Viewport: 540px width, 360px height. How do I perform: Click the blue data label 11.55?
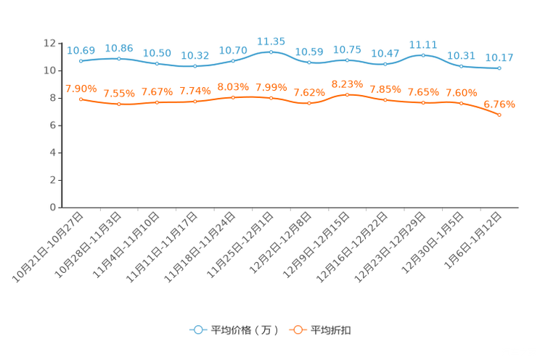point(271,41)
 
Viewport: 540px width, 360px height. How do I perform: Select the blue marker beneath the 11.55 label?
point(271,52)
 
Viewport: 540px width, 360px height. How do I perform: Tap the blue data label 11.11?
point(423,44)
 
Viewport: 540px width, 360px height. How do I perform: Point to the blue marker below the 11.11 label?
point(423,55)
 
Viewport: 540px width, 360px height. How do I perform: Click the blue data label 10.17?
point(499,57)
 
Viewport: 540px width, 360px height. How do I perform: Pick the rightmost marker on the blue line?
point(499,68)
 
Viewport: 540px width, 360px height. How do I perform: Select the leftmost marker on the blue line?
point(81,61)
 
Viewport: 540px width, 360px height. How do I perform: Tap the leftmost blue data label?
point(81,50)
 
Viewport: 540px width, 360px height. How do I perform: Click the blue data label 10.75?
point(347,49)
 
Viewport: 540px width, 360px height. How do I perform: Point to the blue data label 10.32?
point(195,55)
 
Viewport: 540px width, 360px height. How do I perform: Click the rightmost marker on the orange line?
point(499,115)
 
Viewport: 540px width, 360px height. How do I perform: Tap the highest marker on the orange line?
point(348,95)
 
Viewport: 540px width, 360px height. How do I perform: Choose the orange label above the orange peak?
point(347,83)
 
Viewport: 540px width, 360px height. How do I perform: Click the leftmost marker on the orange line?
point(81,99)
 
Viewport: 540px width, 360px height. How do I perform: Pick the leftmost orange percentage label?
point(81,89)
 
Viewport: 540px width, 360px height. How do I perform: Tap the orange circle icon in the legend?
point(297,330)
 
